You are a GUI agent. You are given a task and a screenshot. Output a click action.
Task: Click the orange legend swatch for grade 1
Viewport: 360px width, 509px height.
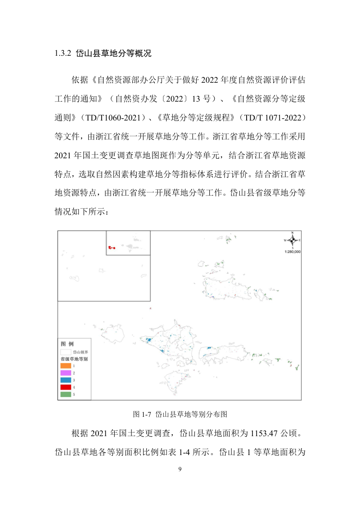coord(66,366)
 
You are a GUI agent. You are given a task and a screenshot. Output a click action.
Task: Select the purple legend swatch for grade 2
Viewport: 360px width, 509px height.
coord(66,373)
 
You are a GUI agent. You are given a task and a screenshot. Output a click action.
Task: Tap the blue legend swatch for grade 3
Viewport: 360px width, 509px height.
coord(66,380)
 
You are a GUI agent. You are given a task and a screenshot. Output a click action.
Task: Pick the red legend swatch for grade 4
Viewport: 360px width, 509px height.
coord(66,387)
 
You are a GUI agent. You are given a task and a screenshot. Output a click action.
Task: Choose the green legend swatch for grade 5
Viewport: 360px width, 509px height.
coord(66,394)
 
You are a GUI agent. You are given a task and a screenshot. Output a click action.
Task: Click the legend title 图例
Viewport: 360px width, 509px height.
coord(67,344)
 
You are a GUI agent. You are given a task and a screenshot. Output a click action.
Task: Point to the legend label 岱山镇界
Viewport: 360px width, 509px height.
coord(81,352)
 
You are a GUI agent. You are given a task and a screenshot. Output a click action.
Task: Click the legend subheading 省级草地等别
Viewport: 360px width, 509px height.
coord(74,359)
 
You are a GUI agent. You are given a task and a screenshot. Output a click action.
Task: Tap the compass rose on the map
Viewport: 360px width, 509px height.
coord(292,240)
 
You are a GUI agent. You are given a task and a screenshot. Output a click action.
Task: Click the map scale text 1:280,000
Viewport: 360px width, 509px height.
coord(292,252)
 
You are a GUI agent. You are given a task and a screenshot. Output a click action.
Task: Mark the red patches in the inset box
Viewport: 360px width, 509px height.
coord(112,247)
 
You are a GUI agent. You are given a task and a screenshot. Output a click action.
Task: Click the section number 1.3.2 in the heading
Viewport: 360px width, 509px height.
coord(63,54)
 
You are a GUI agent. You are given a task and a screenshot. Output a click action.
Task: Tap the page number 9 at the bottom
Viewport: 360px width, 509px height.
coord(180,469)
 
